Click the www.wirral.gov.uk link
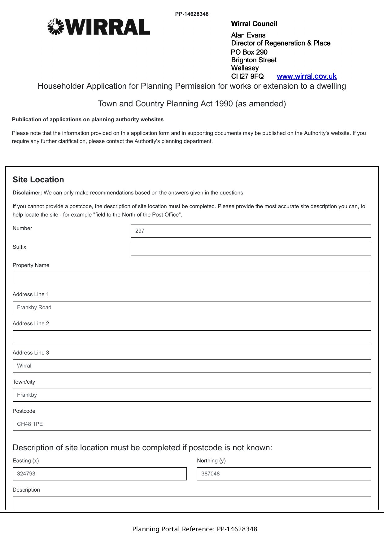(x=306, y=76)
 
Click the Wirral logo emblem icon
(x=55, y=27)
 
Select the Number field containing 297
(x=251, y=231)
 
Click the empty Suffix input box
(x=251, y=249)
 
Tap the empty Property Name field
(x=192, y=279)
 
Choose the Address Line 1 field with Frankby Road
(x=192, y=308)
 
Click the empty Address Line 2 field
(x=192, y=337)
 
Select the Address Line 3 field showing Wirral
(x=192, y=366)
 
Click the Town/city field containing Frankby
(x=192, y=395)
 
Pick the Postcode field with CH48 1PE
(x=192, y=424)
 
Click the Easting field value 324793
(x=99, y=474)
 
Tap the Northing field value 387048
(x=284, y=474)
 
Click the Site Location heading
(x=38, y=180)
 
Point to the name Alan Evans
(x=248, y=35)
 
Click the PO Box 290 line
(x=249, y=52)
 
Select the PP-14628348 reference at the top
(x=192, y=14)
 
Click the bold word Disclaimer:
(x=27, y=193)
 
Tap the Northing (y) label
(x=211, y=461)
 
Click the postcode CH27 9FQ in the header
(x=247, y=76)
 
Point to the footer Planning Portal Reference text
(x=194, y=529)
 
